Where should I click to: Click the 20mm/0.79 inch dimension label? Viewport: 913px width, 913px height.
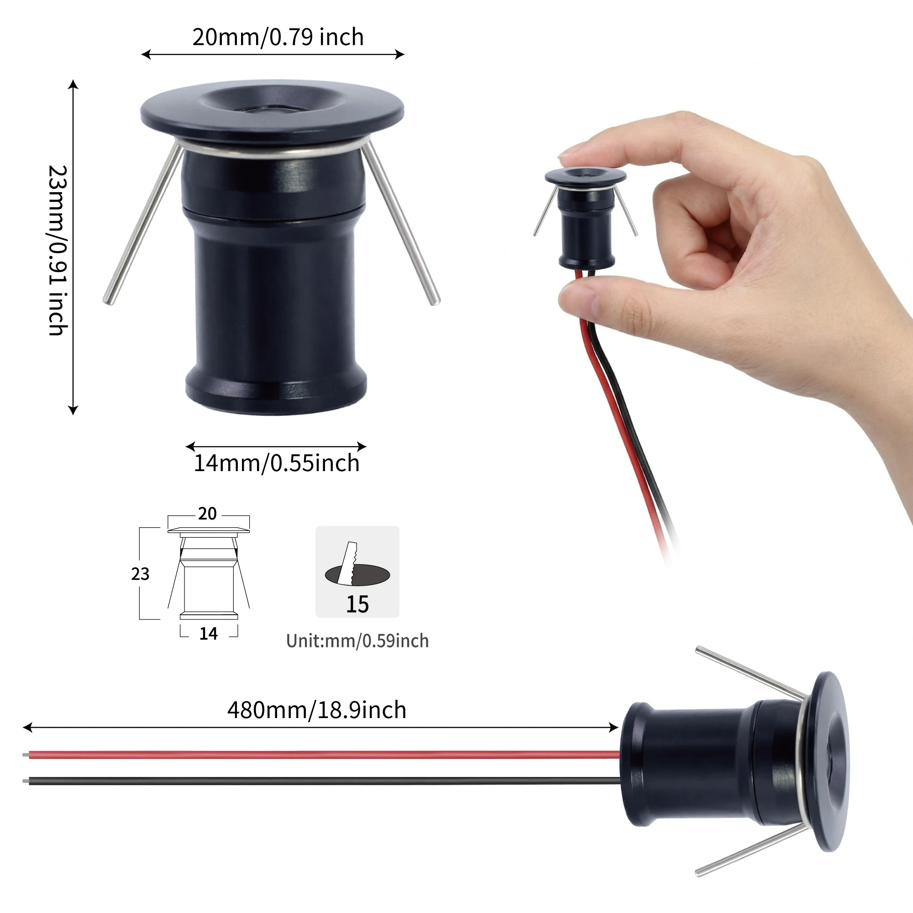278,37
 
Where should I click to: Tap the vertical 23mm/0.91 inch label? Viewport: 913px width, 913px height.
58,250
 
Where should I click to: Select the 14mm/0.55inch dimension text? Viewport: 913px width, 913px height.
277,462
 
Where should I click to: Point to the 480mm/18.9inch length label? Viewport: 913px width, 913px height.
317,710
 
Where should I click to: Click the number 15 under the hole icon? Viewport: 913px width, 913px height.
357,604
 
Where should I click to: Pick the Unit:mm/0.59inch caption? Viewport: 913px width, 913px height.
357,641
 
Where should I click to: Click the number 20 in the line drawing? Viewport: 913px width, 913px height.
207,514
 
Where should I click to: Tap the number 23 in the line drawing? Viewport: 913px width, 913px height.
140,574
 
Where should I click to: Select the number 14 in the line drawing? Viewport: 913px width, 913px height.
209,634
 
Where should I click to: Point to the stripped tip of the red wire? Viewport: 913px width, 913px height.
26,755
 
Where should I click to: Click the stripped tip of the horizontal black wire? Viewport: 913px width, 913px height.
26,781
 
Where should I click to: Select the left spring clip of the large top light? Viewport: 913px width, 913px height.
142,225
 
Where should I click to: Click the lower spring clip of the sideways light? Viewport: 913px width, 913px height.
751,850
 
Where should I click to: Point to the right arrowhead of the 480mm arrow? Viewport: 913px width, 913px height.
614,727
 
